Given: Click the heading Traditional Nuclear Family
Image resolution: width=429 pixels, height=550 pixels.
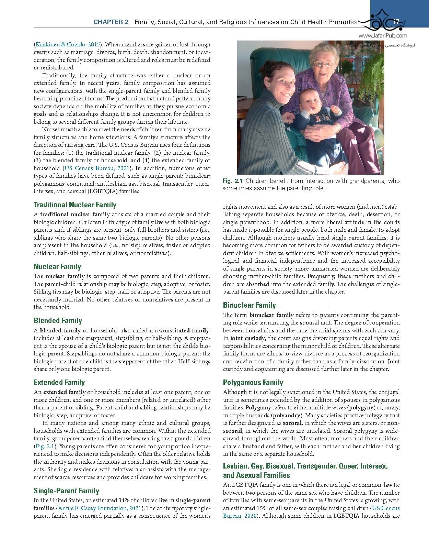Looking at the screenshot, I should [75, 205].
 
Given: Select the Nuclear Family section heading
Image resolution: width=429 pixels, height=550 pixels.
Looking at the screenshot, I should [57, 267].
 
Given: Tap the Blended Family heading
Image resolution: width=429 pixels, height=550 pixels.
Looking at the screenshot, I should [58, 321].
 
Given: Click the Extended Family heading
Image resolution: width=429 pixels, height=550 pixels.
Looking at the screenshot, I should [59, 383].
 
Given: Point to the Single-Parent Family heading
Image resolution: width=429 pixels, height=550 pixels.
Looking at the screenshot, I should [66, 491].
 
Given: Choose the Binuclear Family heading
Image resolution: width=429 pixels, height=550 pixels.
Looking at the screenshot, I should [250, 305].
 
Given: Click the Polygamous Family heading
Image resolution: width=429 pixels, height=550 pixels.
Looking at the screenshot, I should [253, 383].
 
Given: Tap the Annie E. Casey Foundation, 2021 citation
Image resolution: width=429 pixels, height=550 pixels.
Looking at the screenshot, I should [100, 508].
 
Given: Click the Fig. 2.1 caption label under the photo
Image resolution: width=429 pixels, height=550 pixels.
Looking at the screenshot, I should [232, 181].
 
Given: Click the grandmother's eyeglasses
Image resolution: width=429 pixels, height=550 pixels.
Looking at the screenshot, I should [324, 64].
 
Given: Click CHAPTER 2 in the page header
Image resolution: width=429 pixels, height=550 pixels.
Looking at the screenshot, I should [111, 22].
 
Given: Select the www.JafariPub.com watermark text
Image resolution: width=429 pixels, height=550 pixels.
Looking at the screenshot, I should [383, 35].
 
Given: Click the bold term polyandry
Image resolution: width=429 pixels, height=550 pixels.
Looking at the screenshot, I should [287, 415].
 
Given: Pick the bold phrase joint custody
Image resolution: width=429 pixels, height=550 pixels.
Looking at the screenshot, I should [247, 338].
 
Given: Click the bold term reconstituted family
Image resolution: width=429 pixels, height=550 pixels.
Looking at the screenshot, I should [182, 330].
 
